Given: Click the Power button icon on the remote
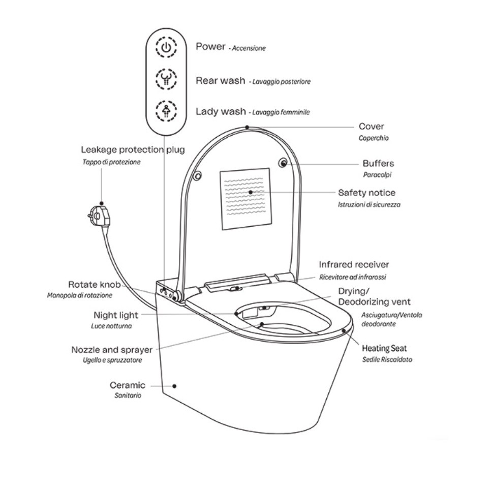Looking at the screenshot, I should point(166,48).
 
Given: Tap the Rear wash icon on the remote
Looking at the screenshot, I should point(166,79).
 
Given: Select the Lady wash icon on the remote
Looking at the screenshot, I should point(166,110).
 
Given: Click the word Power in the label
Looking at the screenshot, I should point(210,46).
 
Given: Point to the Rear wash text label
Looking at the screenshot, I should point(221,80).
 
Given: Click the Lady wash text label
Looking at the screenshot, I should point(221,111).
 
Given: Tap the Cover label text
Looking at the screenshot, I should point(371,127).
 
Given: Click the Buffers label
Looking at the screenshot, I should point(378,164).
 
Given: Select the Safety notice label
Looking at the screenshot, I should point(366,193).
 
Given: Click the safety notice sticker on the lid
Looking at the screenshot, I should point(244,198).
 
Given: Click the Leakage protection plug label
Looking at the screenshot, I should point(133,150).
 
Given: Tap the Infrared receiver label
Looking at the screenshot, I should point(354,265).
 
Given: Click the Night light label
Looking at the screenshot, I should point(116,315).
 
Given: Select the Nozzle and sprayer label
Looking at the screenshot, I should point(112,350).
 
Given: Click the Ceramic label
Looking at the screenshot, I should point(128,385).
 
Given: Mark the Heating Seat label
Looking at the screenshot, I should point(384,349).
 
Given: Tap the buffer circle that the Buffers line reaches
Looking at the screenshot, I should point(283,163).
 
